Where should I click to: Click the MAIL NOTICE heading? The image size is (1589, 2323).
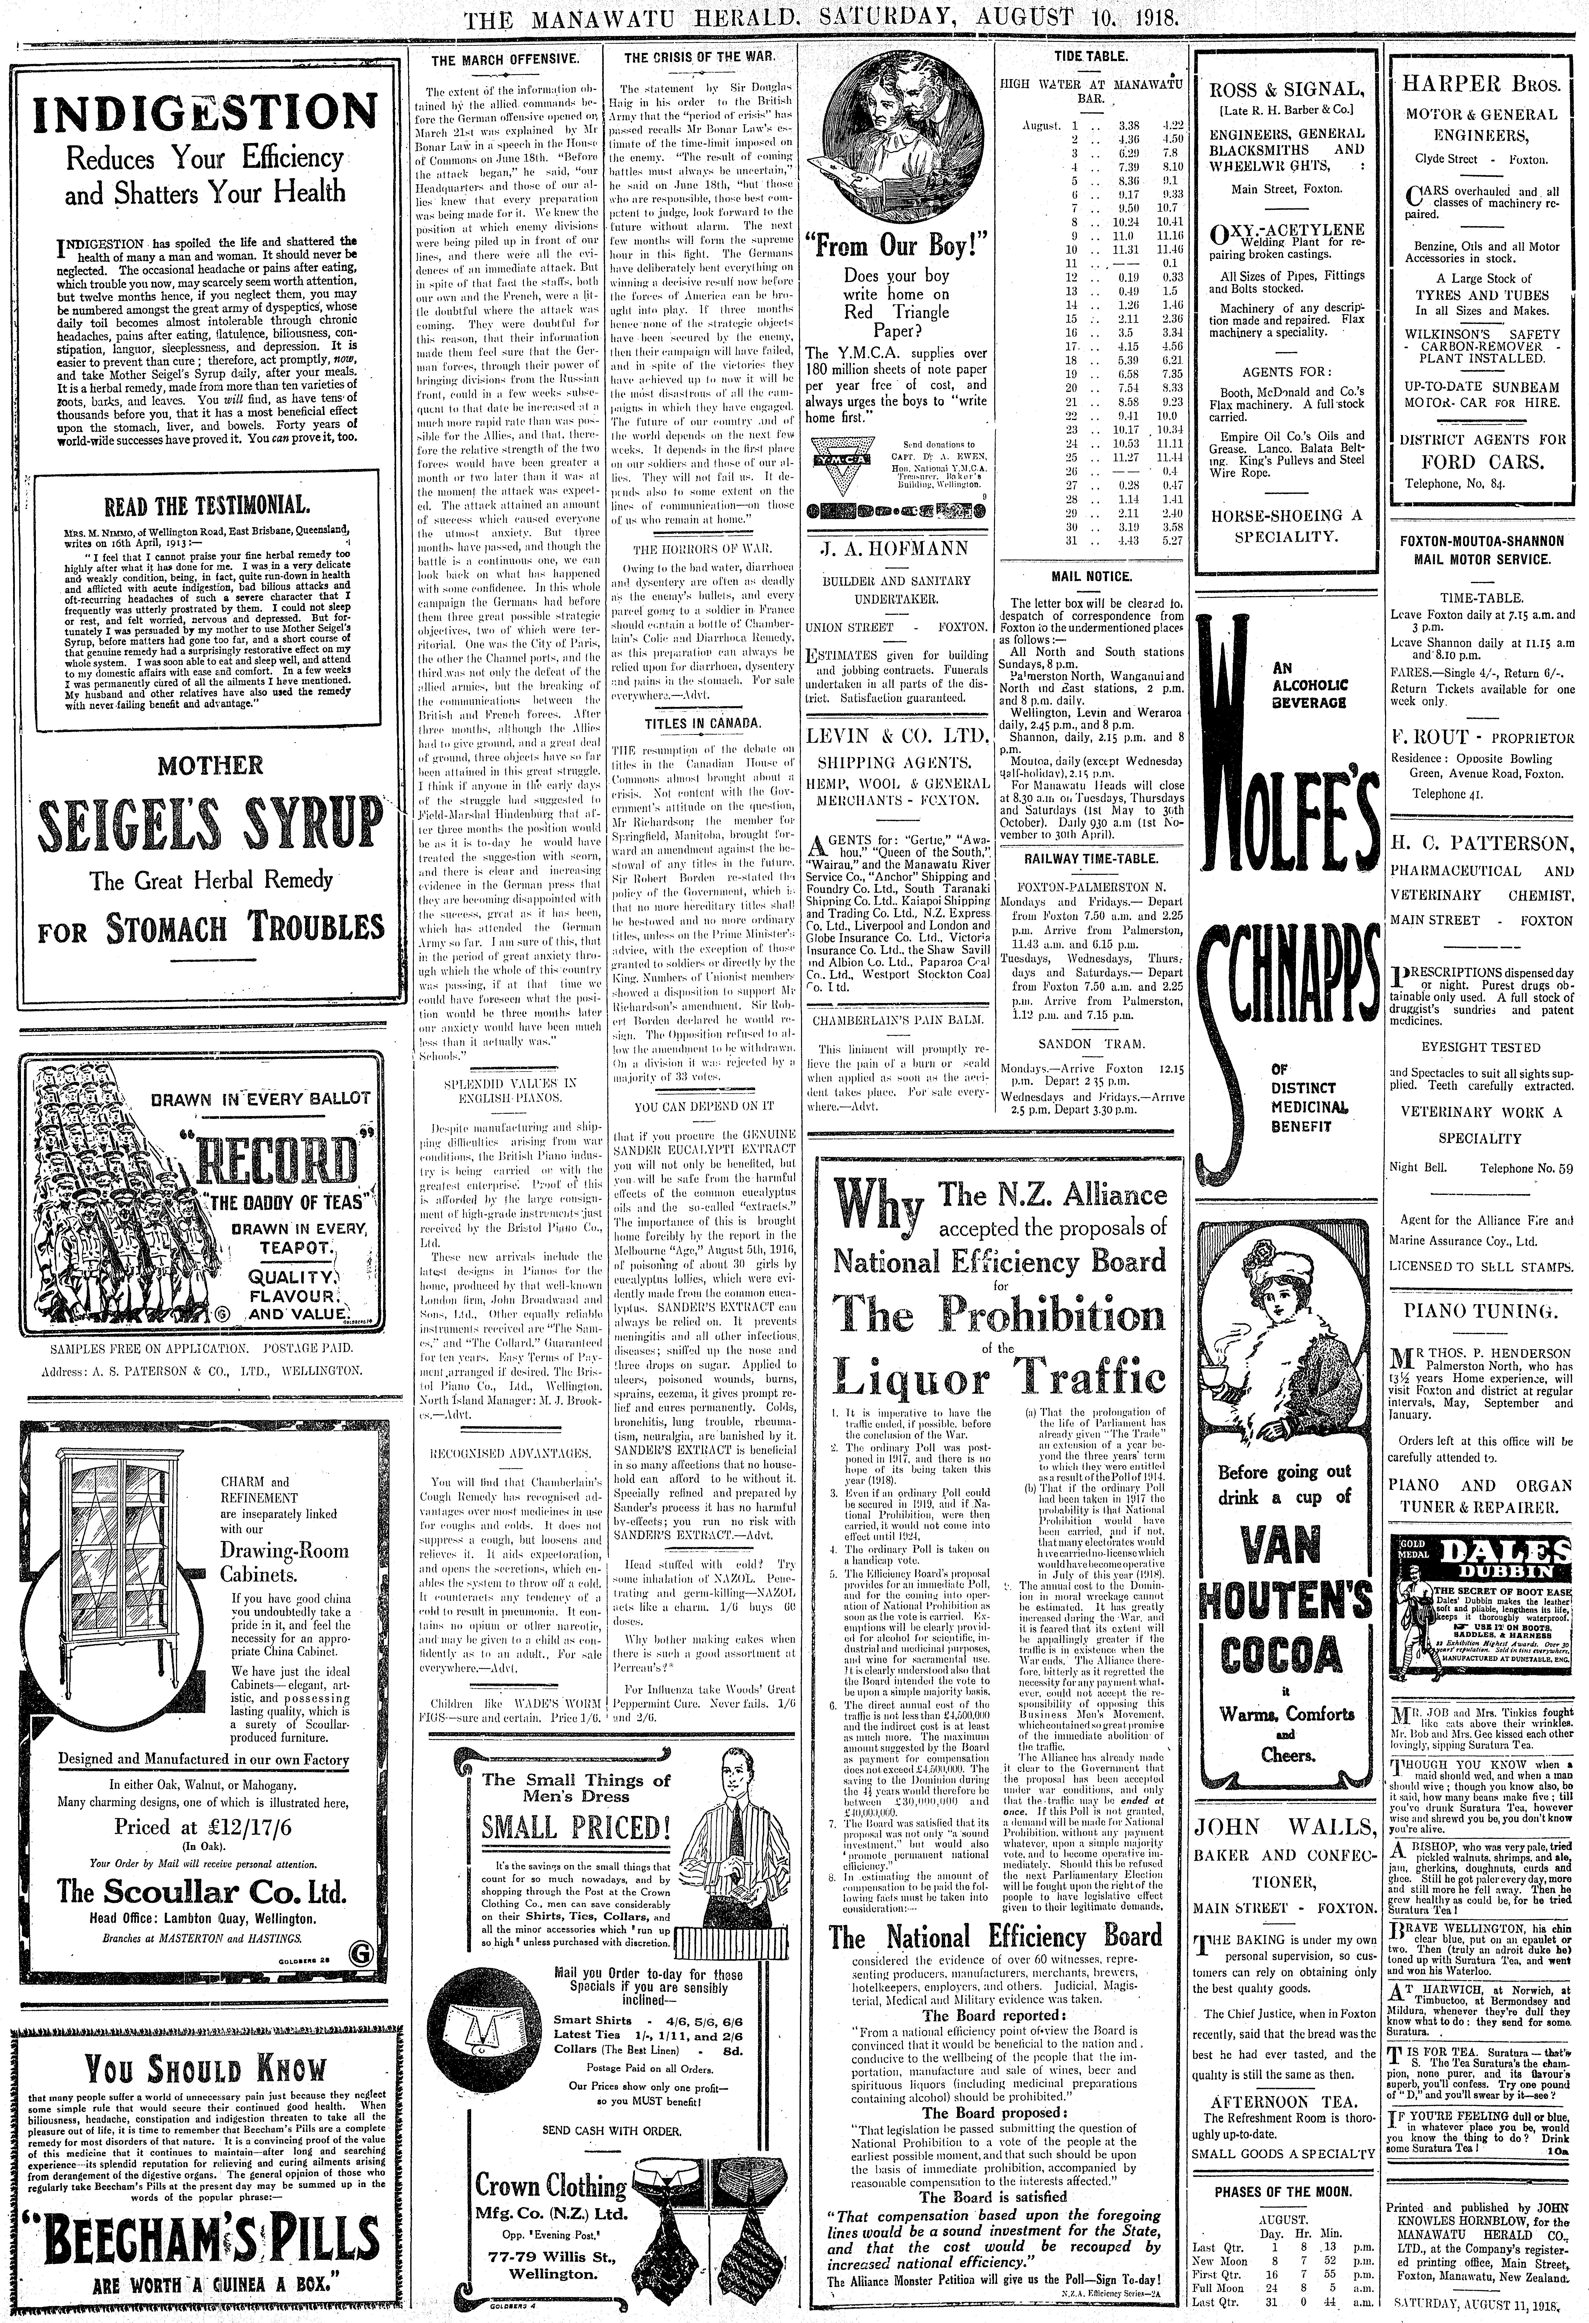[1092, 577]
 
